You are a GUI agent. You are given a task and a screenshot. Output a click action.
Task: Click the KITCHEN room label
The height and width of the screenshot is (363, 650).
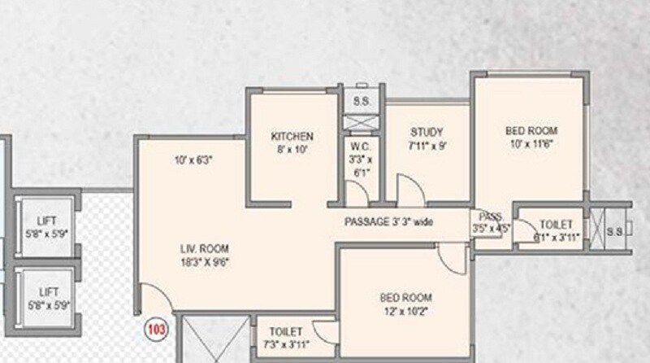tap(292, 137)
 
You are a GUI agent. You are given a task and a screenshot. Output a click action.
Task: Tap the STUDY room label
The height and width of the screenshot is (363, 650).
tap(426, 133)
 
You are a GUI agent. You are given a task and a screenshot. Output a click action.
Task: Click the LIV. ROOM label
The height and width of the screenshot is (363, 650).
tap(204, 249)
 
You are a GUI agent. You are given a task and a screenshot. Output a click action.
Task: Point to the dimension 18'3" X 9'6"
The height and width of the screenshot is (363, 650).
tap(204, 262)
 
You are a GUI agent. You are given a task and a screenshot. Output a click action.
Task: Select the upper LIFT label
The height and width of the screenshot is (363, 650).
tap(46, 221)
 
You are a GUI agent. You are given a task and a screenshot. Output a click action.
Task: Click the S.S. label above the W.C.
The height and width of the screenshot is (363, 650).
tap(359, 101)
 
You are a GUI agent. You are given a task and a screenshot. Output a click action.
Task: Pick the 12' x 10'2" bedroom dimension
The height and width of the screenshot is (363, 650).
tap(405, 310)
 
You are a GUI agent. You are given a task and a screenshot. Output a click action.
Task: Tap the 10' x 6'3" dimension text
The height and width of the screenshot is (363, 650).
tap(193, 160)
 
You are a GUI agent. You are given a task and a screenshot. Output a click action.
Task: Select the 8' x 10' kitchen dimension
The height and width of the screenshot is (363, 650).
tap(292, 149)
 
